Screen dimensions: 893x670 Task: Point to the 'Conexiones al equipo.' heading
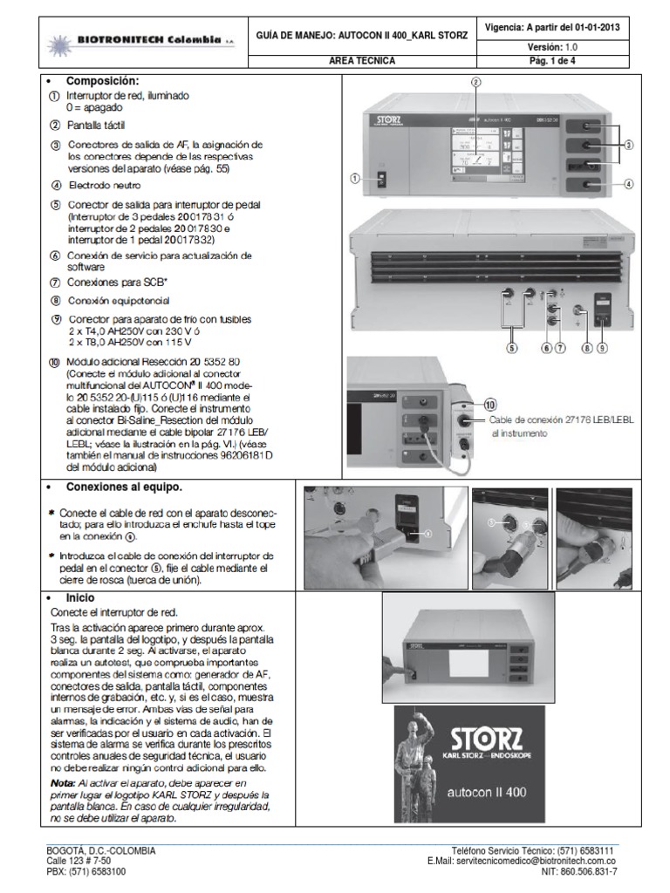tap(124, 487)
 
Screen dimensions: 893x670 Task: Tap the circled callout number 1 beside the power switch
tap(355, 178)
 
